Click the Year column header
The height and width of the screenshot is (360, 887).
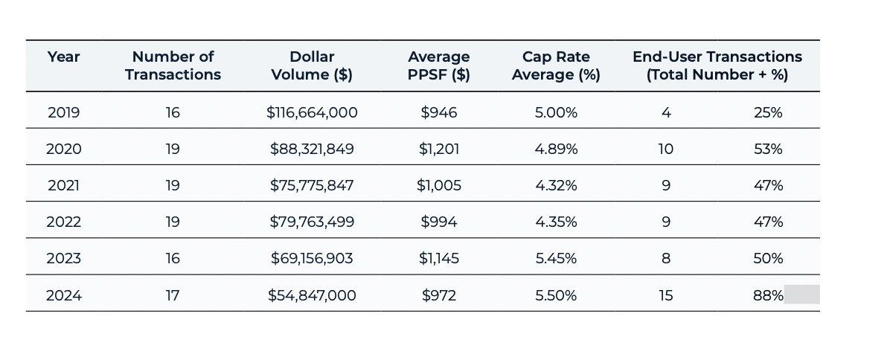(63, 57)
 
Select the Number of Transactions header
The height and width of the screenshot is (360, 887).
(173, 65)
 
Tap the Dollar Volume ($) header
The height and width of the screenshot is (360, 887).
(312, 65)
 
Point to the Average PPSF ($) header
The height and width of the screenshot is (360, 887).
(439, 65)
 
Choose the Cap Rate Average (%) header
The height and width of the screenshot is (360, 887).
(556, 65)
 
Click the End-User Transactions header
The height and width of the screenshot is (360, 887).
(717, 65)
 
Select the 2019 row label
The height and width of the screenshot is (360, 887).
(63, 112)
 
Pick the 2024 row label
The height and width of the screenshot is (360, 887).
(63, 295)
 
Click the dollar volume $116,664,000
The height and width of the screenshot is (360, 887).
(312, 112)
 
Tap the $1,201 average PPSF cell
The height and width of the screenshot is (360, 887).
(439, 149)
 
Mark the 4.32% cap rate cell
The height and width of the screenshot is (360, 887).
(556, 185)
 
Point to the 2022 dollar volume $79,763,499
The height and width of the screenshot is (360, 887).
(312, 222)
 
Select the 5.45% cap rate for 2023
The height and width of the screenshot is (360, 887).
(556, 258)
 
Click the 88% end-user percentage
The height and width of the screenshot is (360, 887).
(768, 295)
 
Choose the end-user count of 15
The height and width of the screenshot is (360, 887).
(666, 295)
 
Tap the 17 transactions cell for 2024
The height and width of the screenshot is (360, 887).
(173, 295)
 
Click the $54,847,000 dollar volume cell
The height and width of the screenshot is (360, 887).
(312, 295)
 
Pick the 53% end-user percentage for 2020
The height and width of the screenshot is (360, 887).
(768, 149)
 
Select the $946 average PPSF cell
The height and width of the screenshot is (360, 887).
(439, 112)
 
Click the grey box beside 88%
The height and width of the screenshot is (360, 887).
(801, 295)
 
